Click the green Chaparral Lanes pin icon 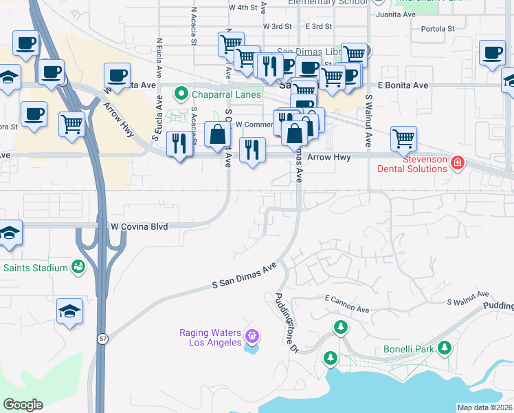click(181, 94)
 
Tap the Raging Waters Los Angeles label click(210, 337)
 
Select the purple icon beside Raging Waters click(252, 337)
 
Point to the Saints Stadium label click(35, 267)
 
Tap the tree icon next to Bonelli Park click(445, 348)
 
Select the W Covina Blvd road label click(140, 226)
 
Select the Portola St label click(437, 29)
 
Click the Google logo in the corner click(23, 405)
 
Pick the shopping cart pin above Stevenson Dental click(403, 138)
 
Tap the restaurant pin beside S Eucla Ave click(179, 144)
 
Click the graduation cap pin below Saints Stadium click(70, 312)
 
